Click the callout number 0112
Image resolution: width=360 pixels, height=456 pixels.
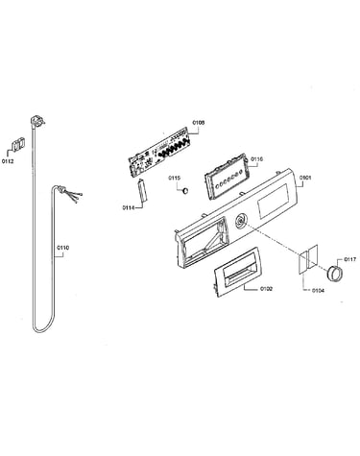8,161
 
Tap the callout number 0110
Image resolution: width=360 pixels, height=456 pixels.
63,248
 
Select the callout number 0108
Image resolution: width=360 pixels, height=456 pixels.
199,123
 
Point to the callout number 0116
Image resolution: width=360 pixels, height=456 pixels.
257,159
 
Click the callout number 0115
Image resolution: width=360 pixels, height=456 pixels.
175,178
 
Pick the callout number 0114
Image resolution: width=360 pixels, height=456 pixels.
128,207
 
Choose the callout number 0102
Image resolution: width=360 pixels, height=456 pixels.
266,289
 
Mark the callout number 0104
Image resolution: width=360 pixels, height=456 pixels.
318,291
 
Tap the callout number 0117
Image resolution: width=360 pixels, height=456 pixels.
349,259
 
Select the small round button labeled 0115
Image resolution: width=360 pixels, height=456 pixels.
184,191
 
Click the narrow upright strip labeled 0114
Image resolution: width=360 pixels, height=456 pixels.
142,191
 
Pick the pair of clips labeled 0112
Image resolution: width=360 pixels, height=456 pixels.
18,144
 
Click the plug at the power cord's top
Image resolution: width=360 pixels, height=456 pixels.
37,122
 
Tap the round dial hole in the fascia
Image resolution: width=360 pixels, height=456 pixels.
240,221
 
